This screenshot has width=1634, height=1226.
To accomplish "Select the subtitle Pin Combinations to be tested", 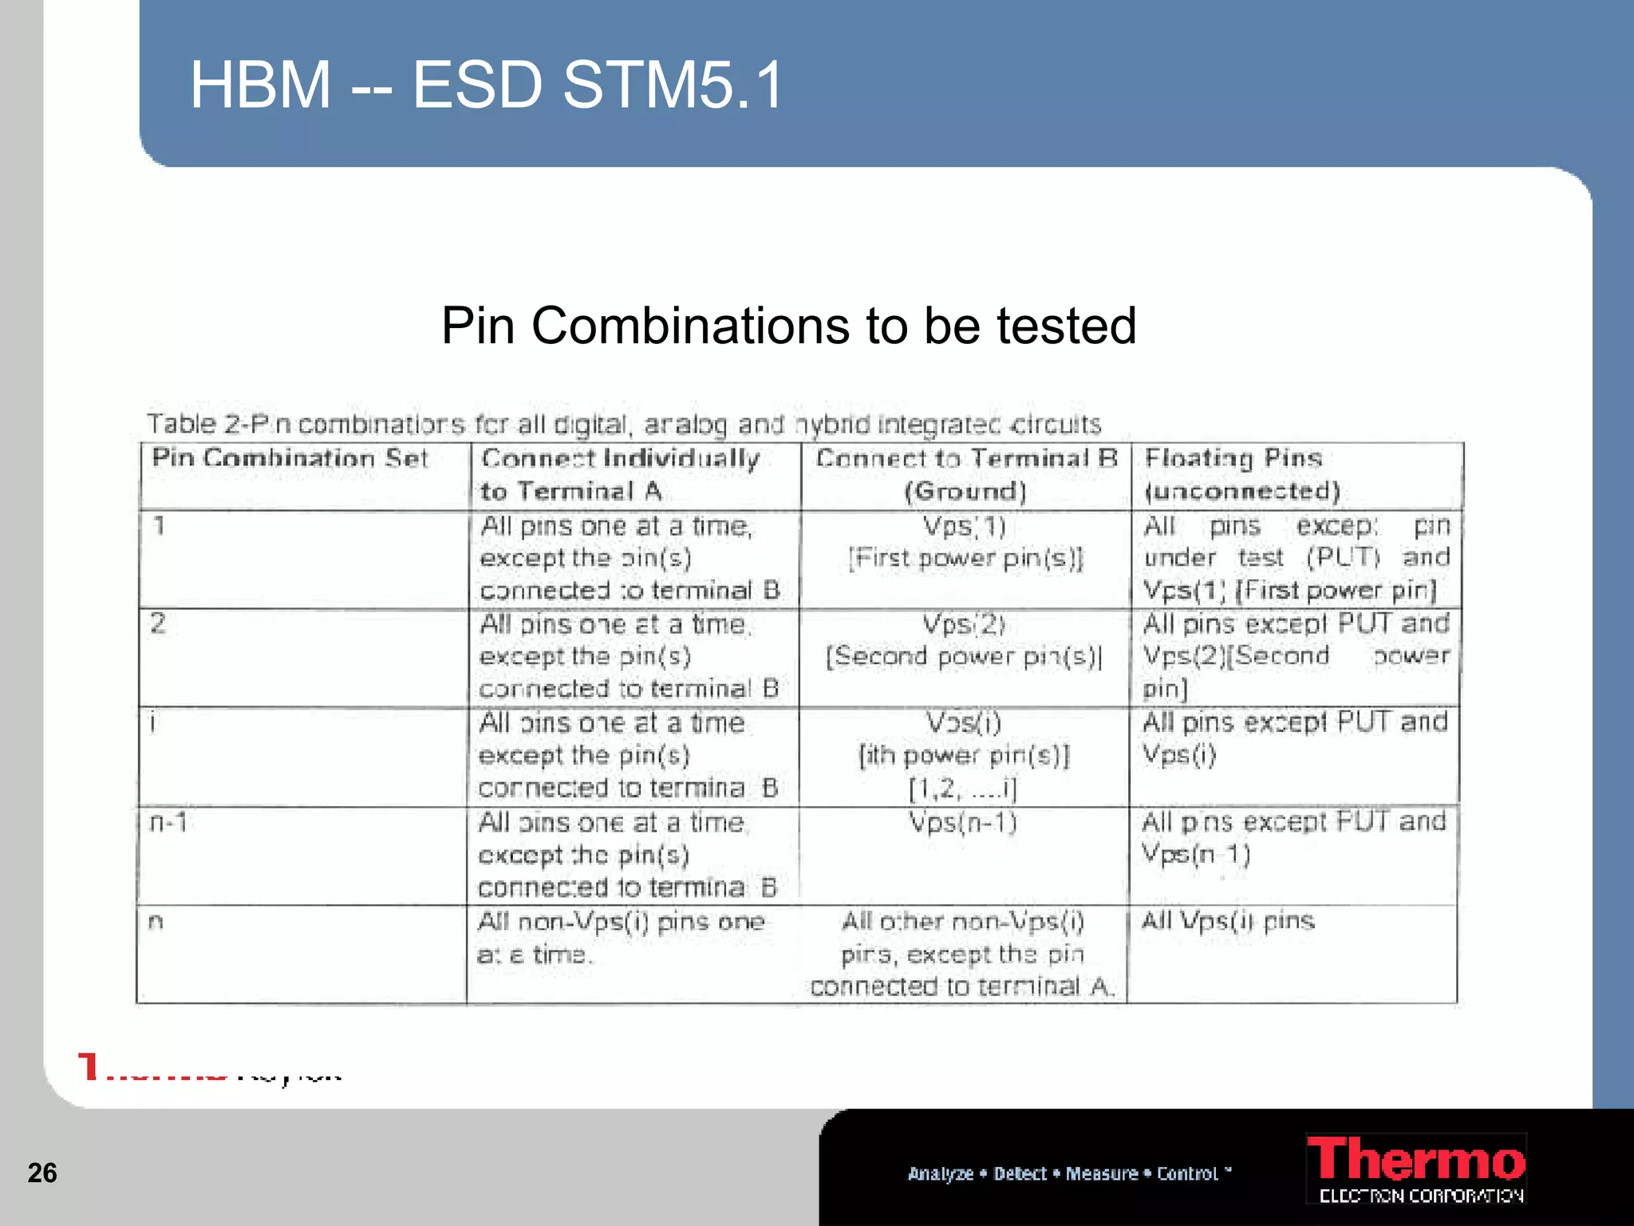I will (788, 326).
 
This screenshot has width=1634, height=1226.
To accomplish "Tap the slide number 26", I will (42, 1173).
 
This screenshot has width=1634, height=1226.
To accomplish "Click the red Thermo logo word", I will (1415, 1161).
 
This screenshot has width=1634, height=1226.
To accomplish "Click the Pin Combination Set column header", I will (290, 458).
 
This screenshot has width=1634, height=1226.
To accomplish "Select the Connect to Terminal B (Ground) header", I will (965, 475).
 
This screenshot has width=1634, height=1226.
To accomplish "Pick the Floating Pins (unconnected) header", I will (1241, 475).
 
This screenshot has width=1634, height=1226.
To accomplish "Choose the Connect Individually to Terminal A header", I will (620, 475).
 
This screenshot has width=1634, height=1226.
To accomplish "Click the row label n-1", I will (169, 822).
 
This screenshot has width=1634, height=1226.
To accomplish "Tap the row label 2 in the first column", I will (158, 623).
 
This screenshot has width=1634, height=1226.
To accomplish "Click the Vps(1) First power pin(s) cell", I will (965, 543).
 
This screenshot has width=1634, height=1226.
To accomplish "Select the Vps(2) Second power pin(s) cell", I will (964, 641).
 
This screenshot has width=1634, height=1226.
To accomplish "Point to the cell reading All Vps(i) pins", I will (1228, 921).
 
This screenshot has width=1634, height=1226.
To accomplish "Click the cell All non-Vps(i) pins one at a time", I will (621, 938).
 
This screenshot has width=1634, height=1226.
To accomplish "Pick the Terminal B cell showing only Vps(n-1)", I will (964, 823).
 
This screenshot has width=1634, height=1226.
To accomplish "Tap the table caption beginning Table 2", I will (623, 424).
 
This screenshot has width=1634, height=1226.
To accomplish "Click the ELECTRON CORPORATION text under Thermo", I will (1421, 1196).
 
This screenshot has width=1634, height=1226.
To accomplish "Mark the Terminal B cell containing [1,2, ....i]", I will (964, 756).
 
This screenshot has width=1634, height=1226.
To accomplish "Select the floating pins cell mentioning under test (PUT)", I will (1296, 558).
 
